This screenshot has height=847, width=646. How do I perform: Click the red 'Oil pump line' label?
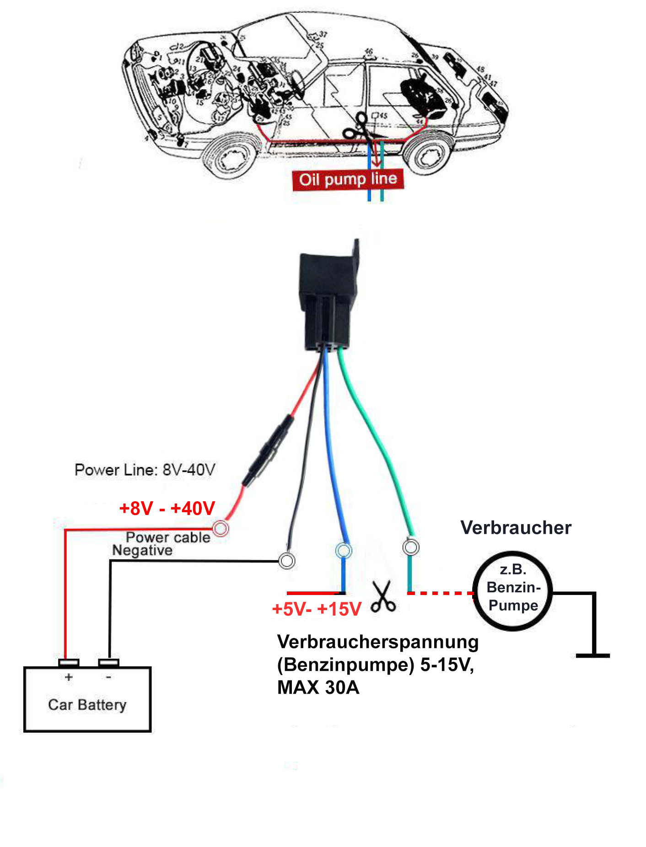[348, 179]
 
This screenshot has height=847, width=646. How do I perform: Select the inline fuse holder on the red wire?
[268, 450]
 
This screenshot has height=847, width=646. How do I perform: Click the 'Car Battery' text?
[87, 704]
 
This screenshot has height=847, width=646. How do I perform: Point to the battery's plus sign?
[69, 677]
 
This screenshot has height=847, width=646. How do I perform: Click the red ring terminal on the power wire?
[221, 528]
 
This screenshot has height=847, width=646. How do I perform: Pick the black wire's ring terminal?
[287, 560]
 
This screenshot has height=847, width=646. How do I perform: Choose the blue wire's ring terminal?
[343, 550]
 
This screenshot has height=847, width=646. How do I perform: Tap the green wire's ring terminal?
[410, 547]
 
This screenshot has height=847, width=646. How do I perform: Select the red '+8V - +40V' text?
[167, 508]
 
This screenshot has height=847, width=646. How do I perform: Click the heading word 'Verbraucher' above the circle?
[516, 527]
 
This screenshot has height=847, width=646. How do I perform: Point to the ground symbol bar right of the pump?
[593, 655]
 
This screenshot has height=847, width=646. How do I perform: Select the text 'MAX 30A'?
[318, 687]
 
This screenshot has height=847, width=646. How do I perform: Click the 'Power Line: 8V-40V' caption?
[145, 470]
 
